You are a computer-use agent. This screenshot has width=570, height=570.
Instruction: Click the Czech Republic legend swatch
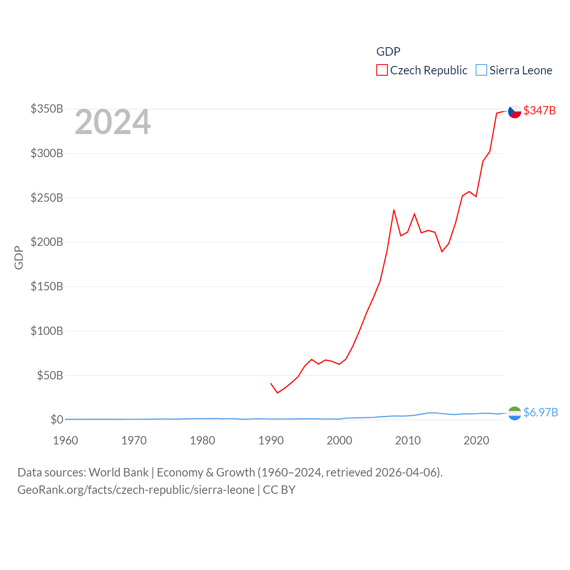tap(382, 70)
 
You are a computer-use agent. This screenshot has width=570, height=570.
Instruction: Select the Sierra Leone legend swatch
tap(481, 70)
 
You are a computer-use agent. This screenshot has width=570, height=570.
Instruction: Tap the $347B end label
tap(539, 110)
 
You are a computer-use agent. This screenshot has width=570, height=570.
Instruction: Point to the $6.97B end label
tap(541, 412)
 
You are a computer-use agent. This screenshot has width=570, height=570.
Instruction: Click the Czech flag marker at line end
tap(515, 111)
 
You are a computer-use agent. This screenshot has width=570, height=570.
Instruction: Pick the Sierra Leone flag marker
tap(515, 413)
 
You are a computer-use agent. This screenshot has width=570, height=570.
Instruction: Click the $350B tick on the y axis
tap(47, 109)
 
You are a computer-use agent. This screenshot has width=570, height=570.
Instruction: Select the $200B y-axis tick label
tap(47, 242)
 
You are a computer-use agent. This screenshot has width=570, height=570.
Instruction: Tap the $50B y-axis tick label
tap(50, 375)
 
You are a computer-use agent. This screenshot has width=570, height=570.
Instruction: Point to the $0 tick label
tap(57, 419)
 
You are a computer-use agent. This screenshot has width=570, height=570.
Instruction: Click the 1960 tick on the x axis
tap(65, 440)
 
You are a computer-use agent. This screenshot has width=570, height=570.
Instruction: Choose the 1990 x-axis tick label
tap(271, 440)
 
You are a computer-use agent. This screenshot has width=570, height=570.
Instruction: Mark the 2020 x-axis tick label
tap(476, 440)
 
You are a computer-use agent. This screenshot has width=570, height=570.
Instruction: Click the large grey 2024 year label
tap(113, 122)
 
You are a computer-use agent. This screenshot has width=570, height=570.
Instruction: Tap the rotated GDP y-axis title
tap(19, 257)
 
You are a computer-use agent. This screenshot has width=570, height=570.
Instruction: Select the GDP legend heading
tap(388, 52)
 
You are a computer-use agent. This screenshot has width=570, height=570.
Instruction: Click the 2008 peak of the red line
tap(394, 210)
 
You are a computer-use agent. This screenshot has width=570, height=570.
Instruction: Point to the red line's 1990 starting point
tap(271, 383)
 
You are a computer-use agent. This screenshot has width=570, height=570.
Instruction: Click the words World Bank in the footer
tap(118, 472)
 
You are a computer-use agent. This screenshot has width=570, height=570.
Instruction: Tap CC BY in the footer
tap(279, 490)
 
